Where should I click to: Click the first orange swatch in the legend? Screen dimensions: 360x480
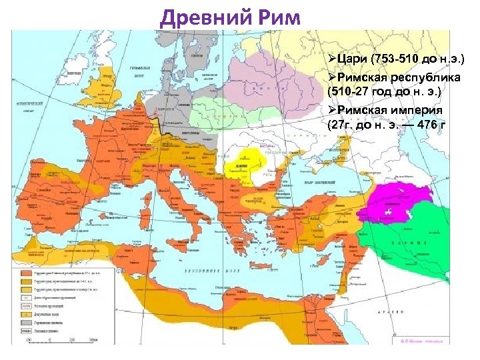[25, 273]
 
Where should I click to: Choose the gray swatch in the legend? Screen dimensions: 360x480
[25, 329]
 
